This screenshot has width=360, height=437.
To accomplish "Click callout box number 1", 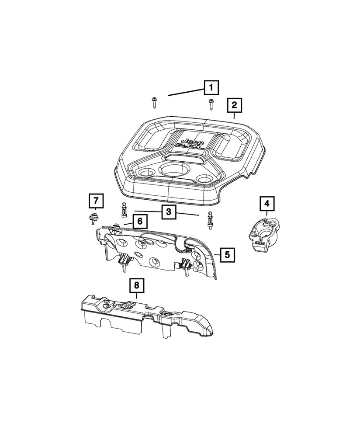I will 211,89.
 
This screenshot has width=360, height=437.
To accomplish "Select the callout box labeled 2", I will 234,105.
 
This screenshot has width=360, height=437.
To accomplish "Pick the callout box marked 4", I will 267,204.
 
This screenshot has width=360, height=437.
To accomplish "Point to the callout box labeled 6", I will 139,222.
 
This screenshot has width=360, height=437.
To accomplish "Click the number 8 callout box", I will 136,286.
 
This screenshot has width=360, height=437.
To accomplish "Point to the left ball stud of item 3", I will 124,211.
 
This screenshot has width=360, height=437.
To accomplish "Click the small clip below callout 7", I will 92,218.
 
